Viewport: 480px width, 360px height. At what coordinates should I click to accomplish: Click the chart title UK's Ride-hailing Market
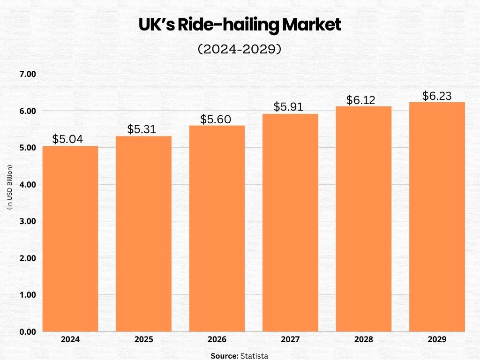[240, 25]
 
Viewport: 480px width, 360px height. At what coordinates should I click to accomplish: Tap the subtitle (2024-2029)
[240, 49]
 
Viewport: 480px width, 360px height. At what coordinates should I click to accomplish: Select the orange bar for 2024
[70, 239]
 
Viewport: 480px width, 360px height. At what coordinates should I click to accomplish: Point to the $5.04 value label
[67, 139]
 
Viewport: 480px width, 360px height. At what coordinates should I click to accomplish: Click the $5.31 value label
[142, 129]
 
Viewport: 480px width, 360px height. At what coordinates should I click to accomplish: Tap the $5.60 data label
[216, 119]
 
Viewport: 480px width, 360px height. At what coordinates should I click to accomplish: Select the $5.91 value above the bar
[289, 107]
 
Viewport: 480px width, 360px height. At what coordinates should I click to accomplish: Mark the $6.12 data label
[361, 100]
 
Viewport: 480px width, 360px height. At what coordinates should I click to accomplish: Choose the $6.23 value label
[437, 96]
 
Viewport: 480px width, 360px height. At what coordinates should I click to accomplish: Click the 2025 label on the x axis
[143, 339]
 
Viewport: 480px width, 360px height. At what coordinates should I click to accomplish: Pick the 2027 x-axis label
[290, 339]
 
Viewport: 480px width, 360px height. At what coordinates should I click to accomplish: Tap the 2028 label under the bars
[364, 339]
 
